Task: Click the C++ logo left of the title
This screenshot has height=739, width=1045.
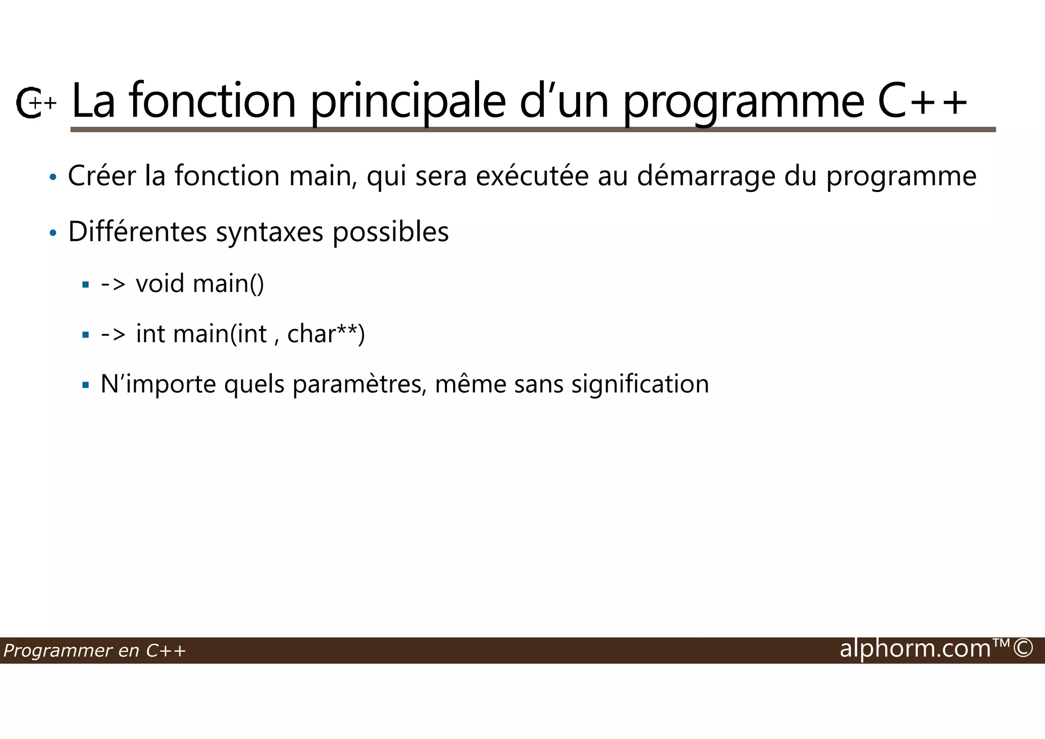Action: [35, 103]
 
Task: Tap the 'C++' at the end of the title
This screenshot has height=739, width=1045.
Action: [923, 101]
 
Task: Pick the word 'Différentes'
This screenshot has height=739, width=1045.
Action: [137, 231]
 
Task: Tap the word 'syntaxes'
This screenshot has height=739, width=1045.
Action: [269, 232]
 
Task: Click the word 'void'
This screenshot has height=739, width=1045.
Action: [160, 283]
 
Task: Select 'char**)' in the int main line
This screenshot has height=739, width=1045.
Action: [326, 334]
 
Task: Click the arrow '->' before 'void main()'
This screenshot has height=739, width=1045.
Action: [113, 283]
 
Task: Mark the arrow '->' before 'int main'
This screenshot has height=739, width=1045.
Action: [113, 334]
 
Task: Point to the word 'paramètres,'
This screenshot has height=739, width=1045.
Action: [359, 385]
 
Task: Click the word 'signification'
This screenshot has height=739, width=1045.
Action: [640, 385]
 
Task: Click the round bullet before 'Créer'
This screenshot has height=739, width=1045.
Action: [53, 177]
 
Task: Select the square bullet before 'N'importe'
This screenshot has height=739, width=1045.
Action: [85, 385]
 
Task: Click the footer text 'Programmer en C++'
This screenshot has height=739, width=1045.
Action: [94, 651]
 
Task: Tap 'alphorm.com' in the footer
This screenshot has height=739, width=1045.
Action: [915, 649]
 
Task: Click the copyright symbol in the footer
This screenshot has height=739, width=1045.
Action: [1023, 649]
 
